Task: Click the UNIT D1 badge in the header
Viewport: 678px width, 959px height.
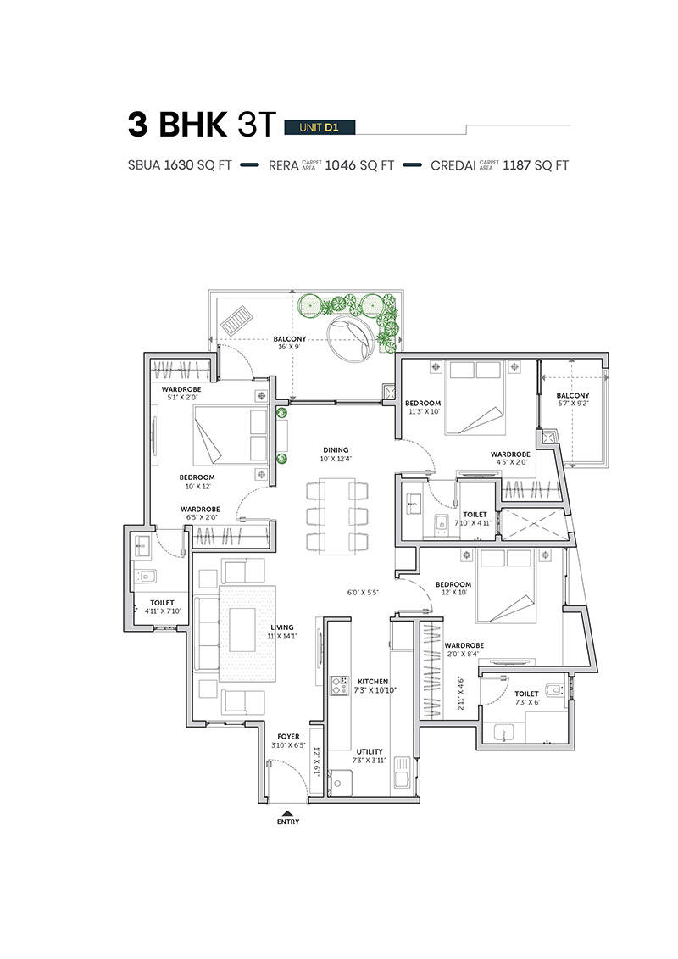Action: pos(320,127)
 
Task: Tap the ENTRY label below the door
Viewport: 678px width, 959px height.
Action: pos(288,822)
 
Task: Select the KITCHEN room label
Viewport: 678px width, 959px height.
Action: pos(373,682)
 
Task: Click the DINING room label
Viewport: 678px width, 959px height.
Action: pos(336,450)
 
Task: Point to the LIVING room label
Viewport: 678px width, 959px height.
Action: pos(282,627)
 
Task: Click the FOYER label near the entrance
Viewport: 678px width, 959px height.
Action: pos(288,737)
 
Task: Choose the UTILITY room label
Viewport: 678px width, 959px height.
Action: pos(370,751)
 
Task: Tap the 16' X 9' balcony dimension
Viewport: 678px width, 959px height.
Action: pos(289,347)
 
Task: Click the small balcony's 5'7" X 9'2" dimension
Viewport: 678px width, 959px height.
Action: pos(573,404)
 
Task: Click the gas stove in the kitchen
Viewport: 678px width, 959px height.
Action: pos(339,686)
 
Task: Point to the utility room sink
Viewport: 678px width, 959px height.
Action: pos(402,772)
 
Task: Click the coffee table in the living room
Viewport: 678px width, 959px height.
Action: pos(242,630)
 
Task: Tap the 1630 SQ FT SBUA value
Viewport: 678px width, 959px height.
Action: pos(198,165)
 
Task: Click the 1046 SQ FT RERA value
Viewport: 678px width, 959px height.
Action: pos(359,165)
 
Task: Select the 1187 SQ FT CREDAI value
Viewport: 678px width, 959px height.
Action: pos(536,165)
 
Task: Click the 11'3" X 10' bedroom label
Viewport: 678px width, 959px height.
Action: pos(424,411)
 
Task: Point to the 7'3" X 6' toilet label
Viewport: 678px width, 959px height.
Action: pos(526,702)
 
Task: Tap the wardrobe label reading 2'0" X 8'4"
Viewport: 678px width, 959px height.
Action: pos(463,654)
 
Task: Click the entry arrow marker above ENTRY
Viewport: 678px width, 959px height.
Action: pos(288,813)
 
